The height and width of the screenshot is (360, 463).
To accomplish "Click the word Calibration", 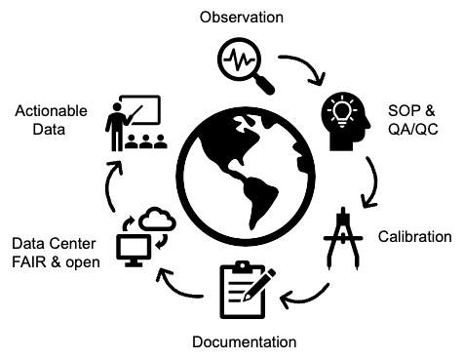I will [414, 237].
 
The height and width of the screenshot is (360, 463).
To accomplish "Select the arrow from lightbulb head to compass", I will [372, 183].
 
